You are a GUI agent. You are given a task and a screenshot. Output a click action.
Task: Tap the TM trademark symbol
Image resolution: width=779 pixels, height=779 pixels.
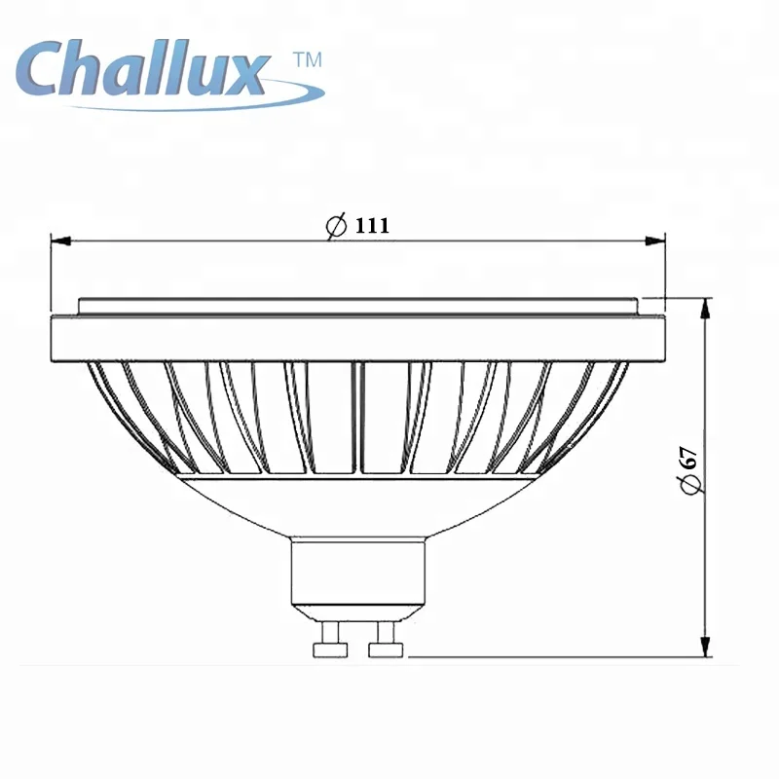pos(307,60)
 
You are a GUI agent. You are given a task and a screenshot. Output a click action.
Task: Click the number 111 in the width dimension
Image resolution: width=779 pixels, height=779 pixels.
pos(372,226)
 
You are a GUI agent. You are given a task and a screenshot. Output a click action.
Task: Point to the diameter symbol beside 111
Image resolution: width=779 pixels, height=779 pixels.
pos(336,226)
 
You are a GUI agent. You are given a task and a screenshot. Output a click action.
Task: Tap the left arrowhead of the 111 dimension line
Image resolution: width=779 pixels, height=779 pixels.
pos(56,240)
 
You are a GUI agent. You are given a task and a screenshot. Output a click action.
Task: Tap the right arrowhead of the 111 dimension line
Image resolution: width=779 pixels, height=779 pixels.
pos(657,240)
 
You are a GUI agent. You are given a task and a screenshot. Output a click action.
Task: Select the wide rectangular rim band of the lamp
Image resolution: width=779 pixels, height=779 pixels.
pos(356,337)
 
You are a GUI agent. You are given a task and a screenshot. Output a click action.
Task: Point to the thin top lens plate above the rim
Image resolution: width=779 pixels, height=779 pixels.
pos(356,306)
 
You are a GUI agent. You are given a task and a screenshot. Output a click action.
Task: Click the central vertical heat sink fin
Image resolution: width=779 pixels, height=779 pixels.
pos(356,419)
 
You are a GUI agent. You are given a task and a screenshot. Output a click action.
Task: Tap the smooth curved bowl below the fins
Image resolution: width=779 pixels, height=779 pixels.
pos(356,506)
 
